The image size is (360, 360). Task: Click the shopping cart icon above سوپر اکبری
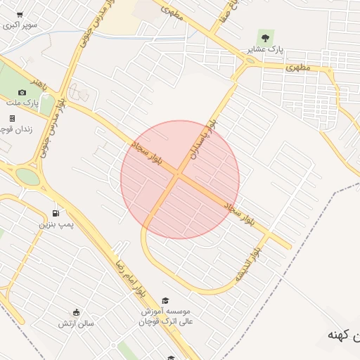click(x=19, y=14)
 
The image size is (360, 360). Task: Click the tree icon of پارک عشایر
click(x=265, y=36)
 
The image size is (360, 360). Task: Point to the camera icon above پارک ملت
click(x=22, y=92)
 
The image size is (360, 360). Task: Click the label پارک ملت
click(x=22, y=103)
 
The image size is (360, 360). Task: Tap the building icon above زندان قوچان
click(x=12, y=118)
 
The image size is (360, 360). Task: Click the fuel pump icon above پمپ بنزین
click(x=56, y=213)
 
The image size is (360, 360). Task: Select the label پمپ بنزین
click(x=56, y=224)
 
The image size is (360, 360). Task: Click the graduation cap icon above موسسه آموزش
click(x=165, y=300)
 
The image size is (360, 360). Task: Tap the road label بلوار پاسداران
click(x=209, y=136)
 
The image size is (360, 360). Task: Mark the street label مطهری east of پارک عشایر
click(x=299, y=68)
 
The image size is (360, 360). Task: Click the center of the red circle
click(x=180, y=179)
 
